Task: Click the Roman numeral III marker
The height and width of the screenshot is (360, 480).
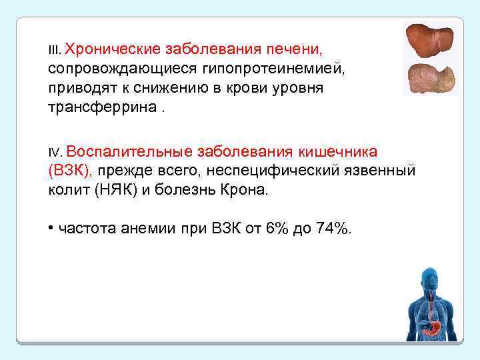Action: (x=55, y=51)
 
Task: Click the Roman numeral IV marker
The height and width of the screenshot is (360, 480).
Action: (x=55, y=152)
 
